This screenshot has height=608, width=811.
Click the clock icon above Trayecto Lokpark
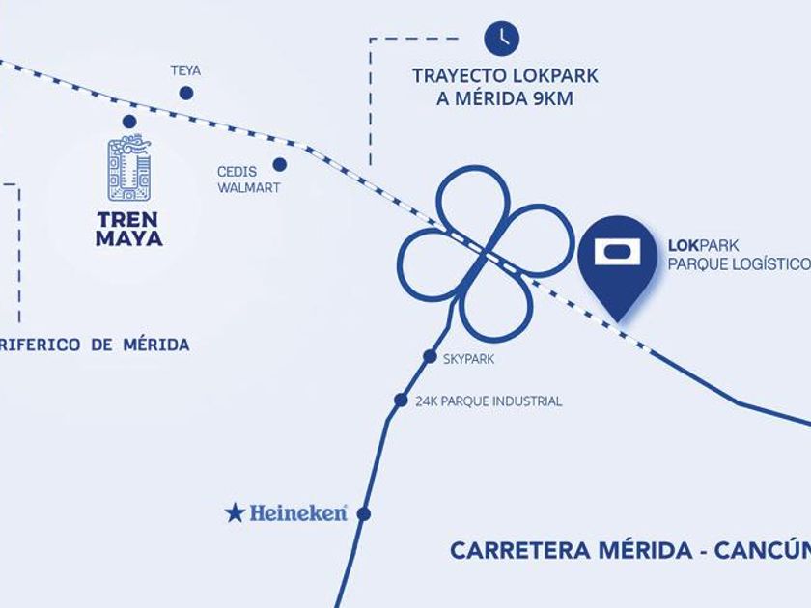[x=502, y=38]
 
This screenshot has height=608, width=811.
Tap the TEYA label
[x=185, y=70]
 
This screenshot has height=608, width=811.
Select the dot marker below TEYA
[x=186, y=93]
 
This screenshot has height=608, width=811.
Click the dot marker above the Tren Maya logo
[x=129, y=122]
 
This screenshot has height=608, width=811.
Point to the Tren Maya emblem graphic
[x=128, y=168]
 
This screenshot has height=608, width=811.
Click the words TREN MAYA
[x=129, y=229]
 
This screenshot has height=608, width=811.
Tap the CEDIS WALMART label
[x=248, y=180]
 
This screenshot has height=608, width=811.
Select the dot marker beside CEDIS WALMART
[x=279, y=164]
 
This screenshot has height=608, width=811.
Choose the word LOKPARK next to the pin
[x=704, y=245]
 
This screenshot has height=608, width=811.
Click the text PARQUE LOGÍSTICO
[x=740, y=264]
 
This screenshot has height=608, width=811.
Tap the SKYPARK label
[x=468, y=359]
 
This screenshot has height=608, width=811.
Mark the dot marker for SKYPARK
[x=430, y=356]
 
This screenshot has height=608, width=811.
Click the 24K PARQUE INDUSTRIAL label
[x=489, y=401]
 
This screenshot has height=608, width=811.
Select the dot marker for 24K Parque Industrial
[x=401, y=400]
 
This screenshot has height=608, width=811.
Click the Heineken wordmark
[x=298, y=512]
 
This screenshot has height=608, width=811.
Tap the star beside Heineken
[x=235, y=513]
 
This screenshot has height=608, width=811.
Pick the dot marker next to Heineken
[x=364, y=513]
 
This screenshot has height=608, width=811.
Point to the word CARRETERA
[x=519, y=550]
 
